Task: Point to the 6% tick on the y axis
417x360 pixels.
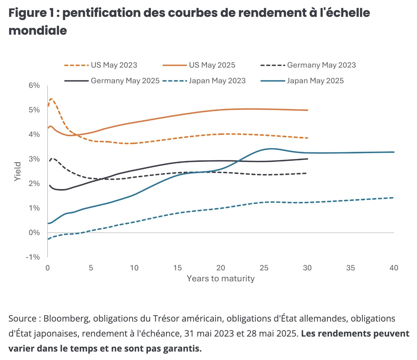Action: pos(34,85)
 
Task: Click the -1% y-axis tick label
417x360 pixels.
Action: pos(33,257)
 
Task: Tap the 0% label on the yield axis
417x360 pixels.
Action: pos(34,232)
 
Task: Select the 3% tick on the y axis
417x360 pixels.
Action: pos(34,159)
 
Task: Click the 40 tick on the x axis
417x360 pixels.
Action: pos(394,268)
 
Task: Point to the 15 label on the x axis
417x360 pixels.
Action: pos(177,268)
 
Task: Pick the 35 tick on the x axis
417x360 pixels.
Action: pos(350,268)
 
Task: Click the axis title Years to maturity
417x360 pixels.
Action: pos(221,278)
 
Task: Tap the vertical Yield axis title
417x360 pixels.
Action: pos(18,171)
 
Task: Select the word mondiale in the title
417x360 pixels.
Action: pos(38,31)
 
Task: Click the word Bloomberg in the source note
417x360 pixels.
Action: pos(66,318)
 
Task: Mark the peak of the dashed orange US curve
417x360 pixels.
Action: pos(51,99)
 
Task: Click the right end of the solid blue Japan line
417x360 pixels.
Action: pos(394,152)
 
